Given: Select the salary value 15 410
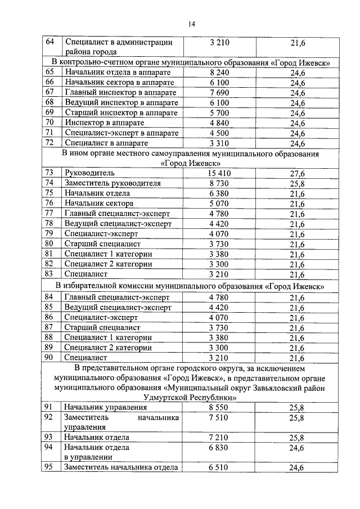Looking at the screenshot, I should tap(219, 173).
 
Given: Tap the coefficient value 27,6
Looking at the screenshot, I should tap(297, 174).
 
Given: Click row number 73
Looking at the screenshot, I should tap(49, 173).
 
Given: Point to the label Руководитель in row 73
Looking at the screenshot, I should tap(89, 173).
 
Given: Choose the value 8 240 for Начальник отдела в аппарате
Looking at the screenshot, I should tap(219, 73).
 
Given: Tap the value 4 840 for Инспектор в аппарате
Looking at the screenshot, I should tap(219, 123).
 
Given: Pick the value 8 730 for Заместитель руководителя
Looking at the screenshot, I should tap(219, 183).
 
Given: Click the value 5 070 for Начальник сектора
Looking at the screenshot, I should tap(219, 204).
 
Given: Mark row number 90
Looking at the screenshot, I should tap(49, 357).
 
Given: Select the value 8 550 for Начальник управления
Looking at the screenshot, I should tap(219, 407).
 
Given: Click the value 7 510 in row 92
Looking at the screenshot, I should tap(219, 418).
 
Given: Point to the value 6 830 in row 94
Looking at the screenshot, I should tap(219, 448).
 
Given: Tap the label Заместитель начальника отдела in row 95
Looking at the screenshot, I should tap(121, 467).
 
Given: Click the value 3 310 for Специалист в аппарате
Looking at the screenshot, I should tap(219, 143).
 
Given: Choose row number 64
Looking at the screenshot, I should tap(49, 42).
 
